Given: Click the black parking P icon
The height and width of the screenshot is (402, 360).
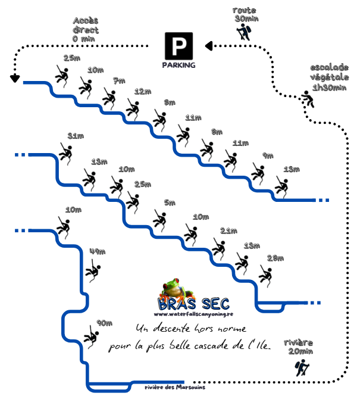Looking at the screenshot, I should [x=179, y=46].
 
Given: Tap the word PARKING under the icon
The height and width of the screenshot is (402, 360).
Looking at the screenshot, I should [x=179, y=64].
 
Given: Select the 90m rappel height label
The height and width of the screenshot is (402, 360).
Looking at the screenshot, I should [x=104, y=323].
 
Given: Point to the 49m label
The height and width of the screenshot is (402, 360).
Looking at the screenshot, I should [x=96, y=252].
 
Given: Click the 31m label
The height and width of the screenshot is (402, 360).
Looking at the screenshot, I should [x=76, y=136].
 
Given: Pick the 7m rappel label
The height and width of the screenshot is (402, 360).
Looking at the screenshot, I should [x=119, y=80].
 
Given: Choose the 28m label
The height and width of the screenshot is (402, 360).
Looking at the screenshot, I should [x=276, y=258].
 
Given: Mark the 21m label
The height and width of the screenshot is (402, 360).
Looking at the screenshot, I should [x=228, y=230].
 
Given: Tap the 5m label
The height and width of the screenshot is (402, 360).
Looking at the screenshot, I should [x=170, y=202].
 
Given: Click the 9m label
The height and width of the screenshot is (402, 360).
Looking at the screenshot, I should [x=268, y=156].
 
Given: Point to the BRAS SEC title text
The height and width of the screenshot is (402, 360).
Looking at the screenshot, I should [x=194, y=303].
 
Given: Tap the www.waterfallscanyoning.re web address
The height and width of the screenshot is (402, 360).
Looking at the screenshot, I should [x=193, y=314].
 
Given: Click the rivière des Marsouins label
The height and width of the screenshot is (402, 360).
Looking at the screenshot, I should [x=175, y=387].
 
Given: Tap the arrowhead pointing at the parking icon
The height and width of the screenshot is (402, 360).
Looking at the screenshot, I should [x=208, y=45].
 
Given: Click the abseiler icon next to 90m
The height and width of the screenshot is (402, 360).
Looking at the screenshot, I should [x=92, y=336].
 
